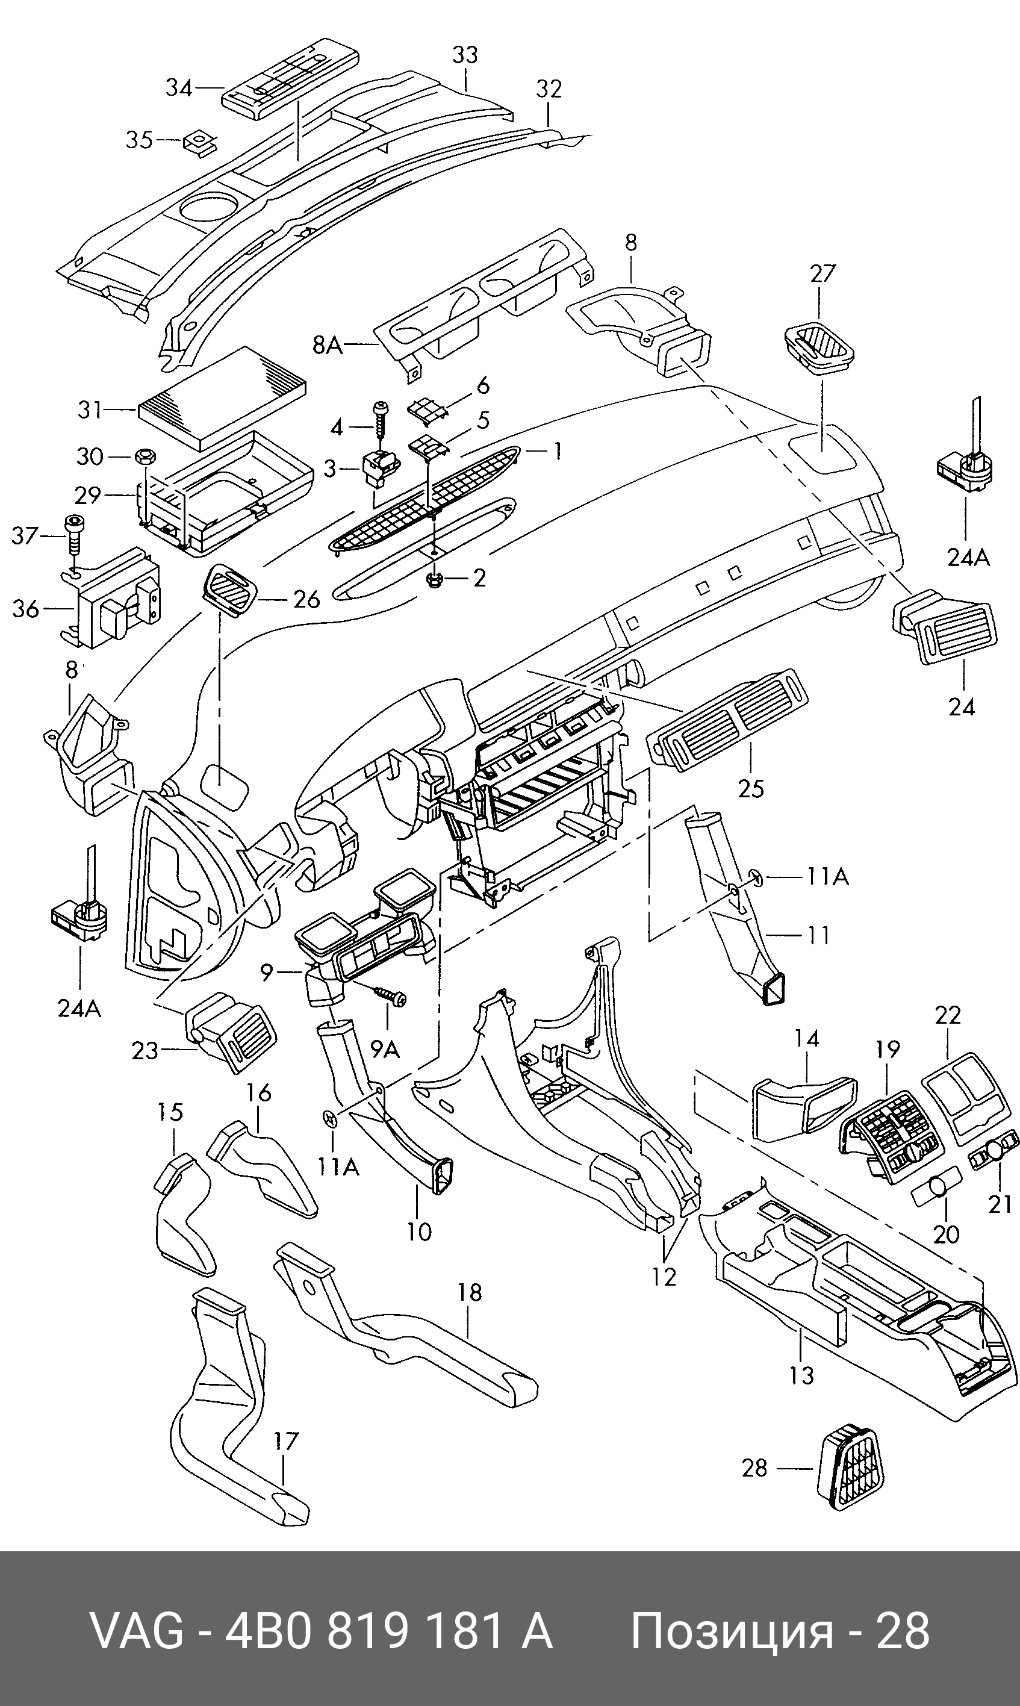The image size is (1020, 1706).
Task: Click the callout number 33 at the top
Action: pos(465,55)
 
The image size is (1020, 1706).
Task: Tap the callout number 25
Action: pos(751,787)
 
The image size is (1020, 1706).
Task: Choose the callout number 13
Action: pos(802,1375)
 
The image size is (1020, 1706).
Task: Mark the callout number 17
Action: pos(287,1440)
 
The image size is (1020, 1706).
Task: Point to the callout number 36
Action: pos(26,609)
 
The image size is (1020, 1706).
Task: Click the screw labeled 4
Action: pos(379,422)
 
